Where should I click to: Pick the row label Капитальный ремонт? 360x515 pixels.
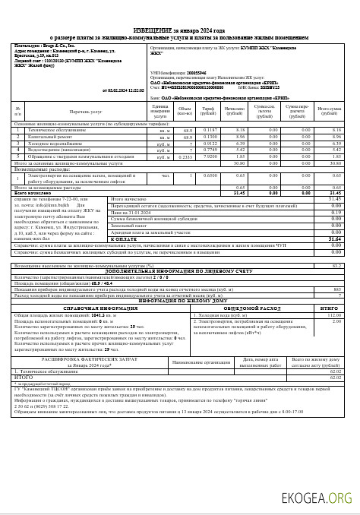[x=46, y=137]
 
